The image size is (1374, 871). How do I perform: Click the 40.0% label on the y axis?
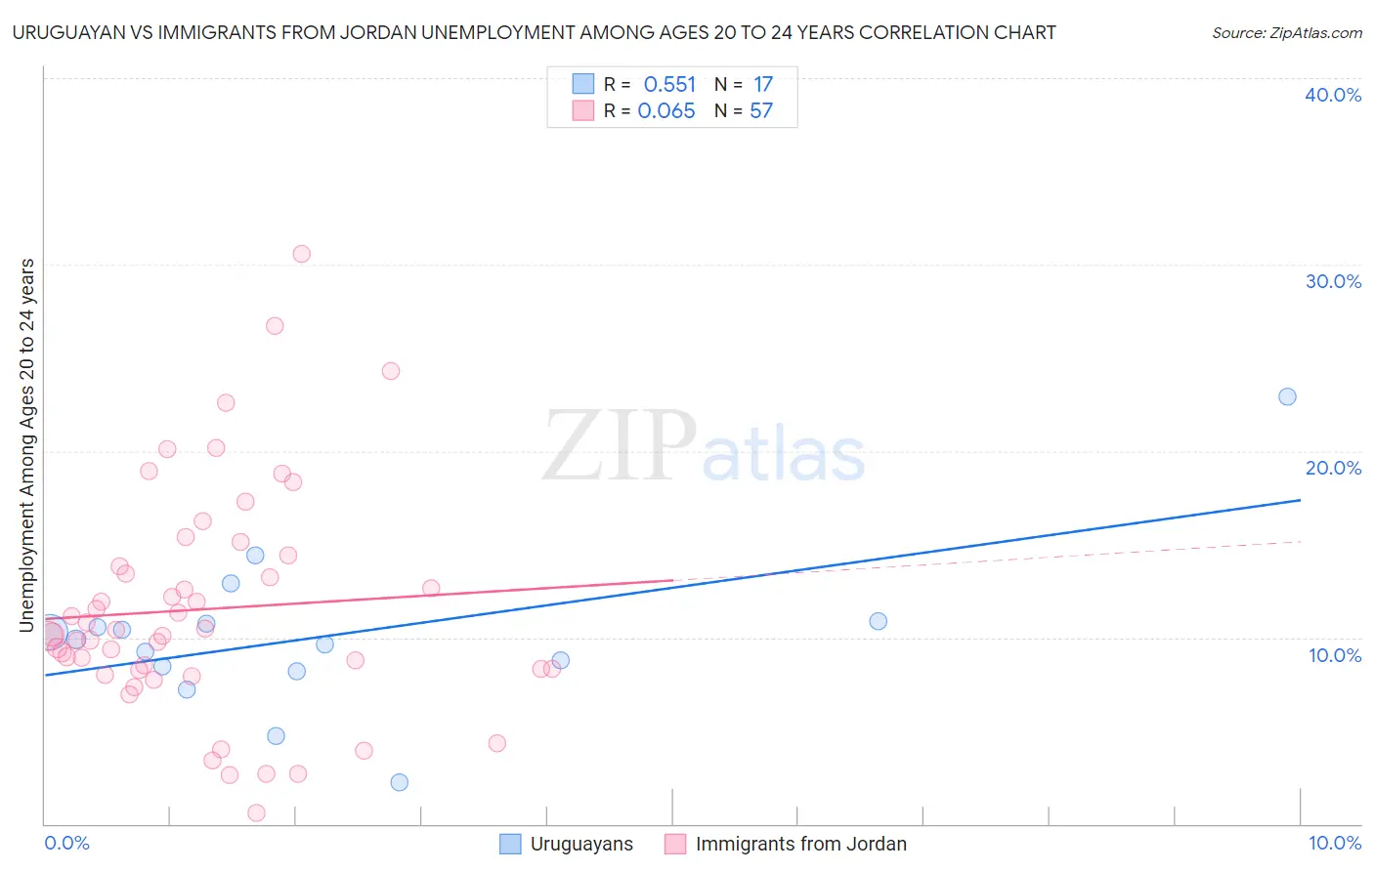click(1333, 95)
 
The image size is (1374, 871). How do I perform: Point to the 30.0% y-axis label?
click(1333, 281)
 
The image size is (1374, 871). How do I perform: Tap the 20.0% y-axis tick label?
click(1333, 468)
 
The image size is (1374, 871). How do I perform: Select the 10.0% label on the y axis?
click(1335, 655)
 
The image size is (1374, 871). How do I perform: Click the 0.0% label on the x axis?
click(66, 843)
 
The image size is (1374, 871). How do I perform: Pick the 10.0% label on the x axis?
click(1335, 843)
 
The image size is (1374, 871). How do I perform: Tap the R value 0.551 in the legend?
click(669, 85)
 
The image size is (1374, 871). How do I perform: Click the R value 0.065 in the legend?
click(666, 111)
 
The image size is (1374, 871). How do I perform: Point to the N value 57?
click(761, 111)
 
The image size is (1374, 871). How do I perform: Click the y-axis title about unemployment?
click(27, 445)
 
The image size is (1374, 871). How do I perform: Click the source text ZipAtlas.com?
click(1286, 33)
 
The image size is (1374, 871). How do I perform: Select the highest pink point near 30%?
click(301, 254)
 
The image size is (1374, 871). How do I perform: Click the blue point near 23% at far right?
click(1287, 396)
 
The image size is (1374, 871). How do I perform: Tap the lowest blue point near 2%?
click(399, 782)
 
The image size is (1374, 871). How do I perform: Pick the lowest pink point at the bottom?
click(256, 812)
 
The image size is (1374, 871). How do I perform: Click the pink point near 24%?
click(390, 371)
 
